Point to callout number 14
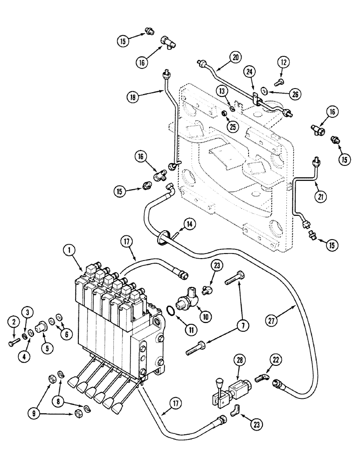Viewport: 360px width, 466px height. pyautogui.click(x=189, y=224)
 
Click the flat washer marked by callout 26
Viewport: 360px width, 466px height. pyautogui.click(x=264, y=90)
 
